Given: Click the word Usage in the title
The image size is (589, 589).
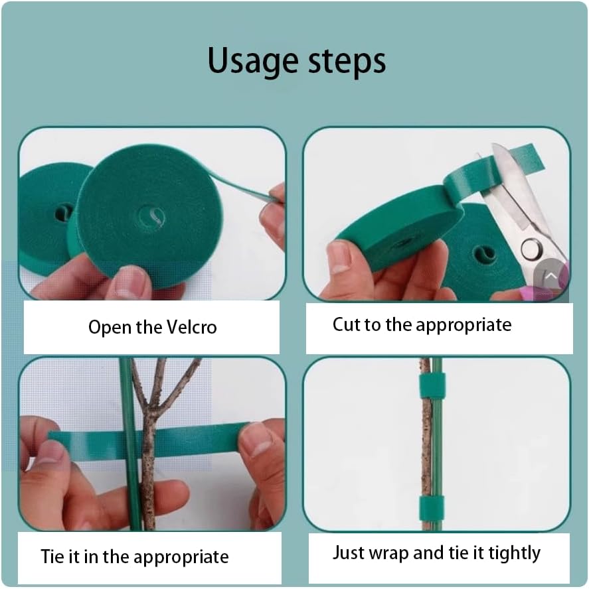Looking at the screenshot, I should pyautogui.click(x=251, y=61).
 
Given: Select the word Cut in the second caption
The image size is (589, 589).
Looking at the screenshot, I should pyautogui.click(x=345, y=324).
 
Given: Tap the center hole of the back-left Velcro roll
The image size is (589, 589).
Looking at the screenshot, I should pyautogui.click(x=64, y=212).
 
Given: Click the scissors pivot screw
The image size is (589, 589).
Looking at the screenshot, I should pyautogui.click(x=531, y=249).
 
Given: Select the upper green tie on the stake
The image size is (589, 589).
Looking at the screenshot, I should pyautogui.click(x=432, y=385).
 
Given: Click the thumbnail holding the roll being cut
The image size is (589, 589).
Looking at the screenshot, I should pyautogui.click(x=339, y=257).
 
